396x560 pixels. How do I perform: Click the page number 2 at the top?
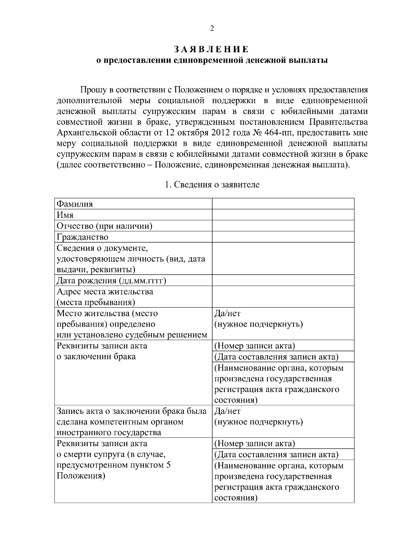(212, 28)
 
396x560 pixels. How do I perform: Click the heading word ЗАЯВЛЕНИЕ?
(212, 50)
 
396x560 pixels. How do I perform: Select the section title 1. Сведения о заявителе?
(212, 184)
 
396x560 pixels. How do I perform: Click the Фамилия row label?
(75, 204)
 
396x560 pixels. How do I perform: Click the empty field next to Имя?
(283, 215)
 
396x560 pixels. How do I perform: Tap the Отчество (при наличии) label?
(104, 226)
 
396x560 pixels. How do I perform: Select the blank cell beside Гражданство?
(283, 237)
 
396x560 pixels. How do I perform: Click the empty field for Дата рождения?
(283, 280)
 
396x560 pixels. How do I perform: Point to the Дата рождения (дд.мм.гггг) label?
(111, 280)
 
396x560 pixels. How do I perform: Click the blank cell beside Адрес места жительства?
(283, 297)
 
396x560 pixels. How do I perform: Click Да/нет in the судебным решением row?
(227, 313)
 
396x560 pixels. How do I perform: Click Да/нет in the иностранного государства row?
(227, 411)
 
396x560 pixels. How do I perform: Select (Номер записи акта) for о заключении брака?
(254, 346)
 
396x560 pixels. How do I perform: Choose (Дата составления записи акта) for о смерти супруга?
(276, 455)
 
